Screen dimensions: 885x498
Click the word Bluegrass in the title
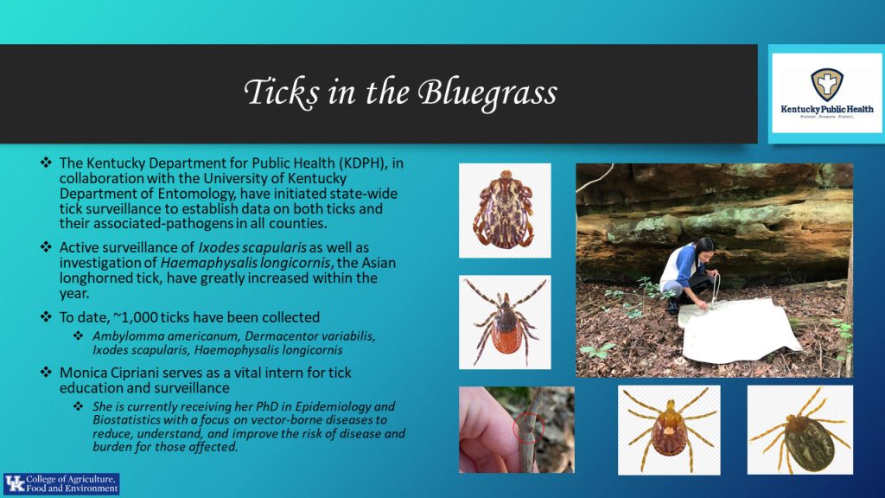[x=487, y=93]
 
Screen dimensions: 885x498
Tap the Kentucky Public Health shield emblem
[x=827, y=85]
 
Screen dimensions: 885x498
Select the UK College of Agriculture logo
[x=61, y=484]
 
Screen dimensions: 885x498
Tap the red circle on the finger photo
[x=528, y=428]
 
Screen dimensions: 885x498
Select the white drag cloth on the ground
[x=736, y=330]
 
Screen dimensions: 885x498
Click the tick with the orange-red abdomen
[x=505, y=322]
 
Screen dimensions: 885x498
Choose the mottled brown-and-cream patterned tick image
[x=504, y=210]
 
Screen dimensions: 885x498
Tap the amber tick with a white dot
[x=670, y=429]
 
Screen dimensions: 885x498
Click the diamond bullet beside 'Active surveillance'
[x=46, y=246]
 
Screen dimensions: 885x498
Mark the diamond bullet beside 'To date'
[x=46, y=316]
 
